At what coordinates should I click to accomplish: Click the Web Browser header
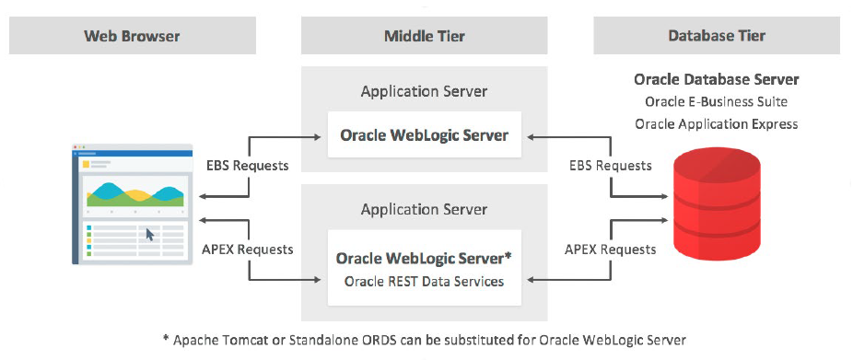click(133, 36)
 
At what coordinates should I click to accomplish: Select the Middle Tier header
click(425, 36)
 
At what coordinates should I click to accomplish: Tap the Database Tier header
click(717, 36)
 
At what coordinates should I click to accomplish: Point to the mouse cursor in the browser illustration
click(150, 235)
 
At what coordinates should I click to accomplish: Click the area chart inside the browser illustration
click(134, 194)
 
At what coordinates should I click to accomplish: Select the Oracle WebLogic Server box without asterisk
click(425, 134)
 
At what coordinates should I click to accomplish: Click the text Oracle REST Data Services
click(425, 281)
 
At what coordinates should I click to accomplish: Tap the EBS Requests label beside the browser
click(248, 166)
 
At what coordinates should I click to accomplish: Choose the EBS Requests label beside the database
click(611, 166)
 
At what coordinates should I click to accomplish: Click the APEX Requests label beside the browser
click(248, 250)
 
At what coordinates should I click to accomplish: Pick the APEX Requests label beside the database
click(611, 250)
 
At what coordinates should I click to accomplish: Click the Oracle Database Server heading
click(717, 79)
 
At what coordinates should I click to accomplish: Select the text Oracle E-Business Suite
click(717, 101)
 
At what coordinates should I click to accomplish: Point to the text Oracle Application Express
click(717, 124)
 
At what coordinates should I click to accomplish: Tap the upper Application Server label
click(425, 91)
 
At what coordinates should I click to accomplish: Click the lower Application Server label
click(425, 209)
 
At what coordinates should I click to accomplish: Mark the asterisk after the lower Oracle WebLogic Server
click(508, 257)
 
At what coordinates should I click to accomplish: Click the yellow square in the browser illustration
click(86, 164)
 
